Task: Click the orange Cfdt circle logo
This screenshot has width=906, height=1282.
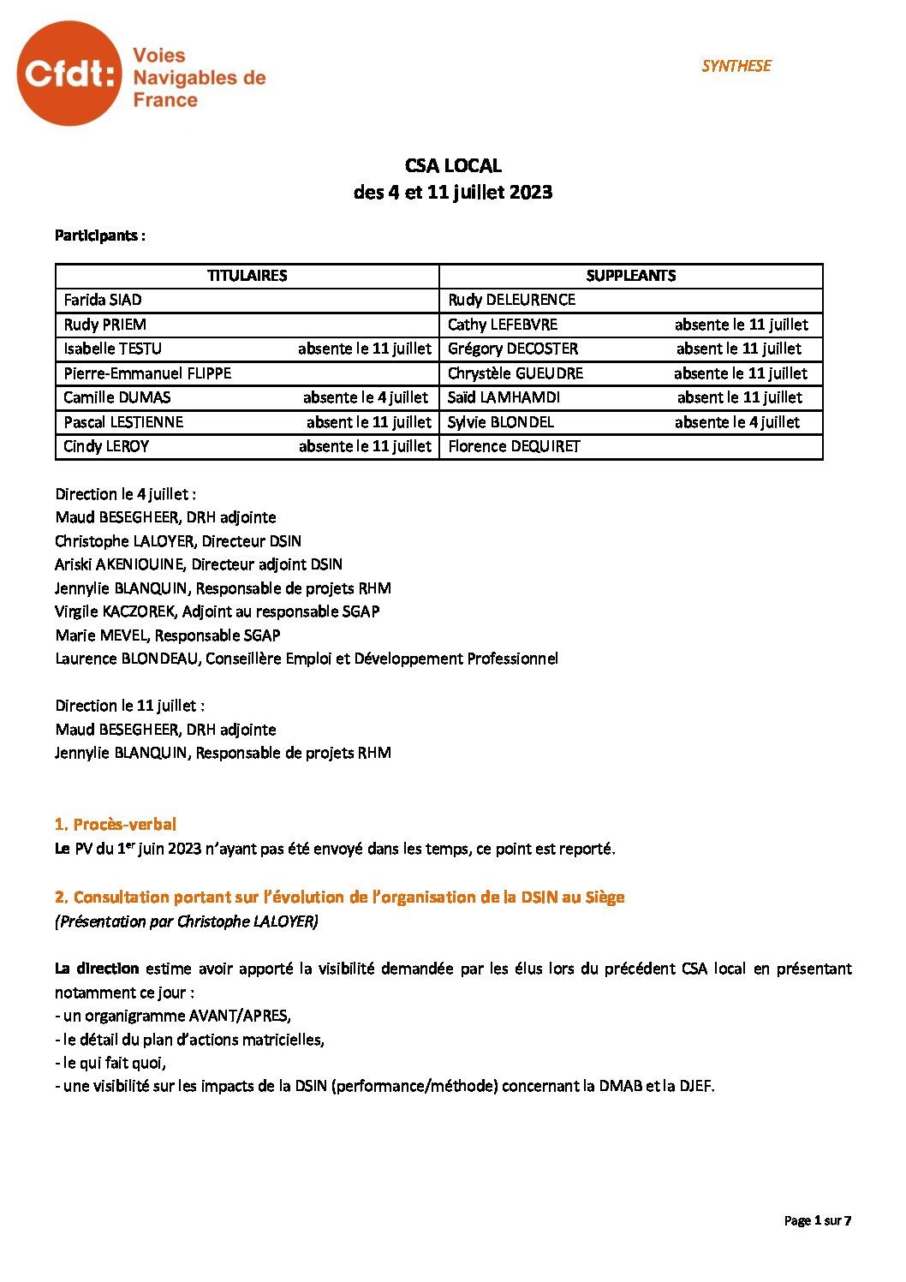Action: click(x=69, y=75)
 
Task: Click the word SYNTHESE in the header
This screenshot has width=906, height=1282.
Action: click(x=736, y=66)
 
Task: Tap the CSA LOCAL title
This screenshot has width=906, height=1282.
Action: click(x=452, y=165)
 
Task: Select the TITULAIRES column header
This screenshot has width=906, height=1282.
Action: click(x=247, y=276)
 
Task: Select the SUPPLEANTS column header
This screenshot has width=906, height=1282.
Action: click(x=630, y=276)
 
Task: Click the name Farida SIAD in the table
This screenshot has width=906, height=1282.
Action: click(x=103, y=300)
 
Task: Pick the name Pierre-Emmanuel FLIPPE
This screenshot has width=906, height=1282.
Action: click(x=147, y=373)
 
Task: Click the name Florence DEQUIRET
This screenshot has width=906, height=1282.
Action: click(x=514, y=446)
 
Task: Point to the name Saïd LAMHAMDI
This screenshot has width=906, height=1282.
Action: click(x=504, y=397)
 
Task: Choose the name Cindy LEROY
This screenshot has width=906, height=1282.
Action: click(x=106, y=446)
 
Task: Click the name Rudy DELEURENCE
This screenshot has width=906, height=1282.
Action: click(x=511, y=300)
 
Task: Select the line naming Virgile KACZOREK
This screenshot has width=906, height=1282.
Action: click(x=217, y=611)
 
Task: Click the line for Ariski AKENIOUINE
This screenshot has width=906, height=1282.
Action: click(x=199, y=564)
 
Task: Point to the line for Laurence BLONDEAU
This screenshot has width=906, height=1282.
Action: click(x=307, y=659)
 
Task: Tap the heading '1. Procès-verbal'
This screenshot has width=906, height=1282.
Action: click(x=116, y=825)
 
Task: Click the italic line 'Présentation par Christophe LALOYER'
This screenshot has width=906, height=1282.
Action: click(x=187, y=921)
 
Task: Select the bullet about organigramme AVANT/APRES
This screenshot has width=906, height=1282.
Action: click(x=173, y=1016)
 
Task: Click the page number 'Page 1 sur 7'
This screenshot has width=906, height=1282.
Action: click(x=817, y=1220)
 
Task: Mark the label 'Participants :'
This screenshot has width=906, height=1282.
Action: click(x=99, y=236)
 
